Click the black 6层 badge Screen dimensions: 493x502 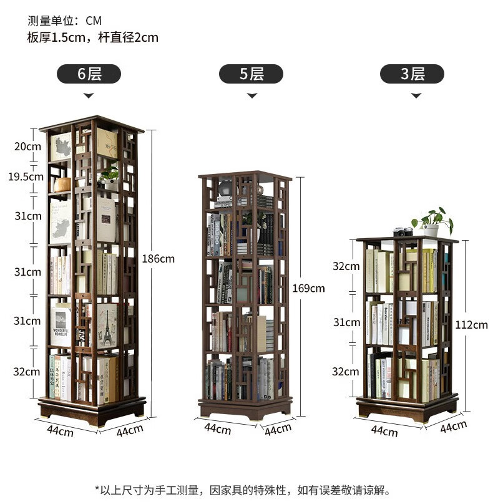click(x=89, y=74)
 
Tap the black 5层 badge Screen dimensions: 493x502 click(x=251, y=74)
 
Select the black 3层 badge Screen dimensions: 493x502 click(x=412, y=74)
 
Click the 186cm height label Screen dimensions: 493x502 click(x=159, y=258)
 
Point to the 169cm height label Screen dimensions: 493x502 click(x=308, y=288)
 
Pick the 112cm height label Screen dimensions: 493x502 click(x=472, y=324)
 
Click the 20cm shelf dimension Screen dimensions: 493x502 click(x=28, y=147)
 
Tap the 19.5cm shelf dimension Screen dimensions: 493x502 click(x=26, y=176)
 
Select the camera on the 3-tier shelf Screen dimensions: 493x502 click(x=403, y=232)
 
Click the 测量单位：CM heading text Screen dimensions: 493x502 click(x=64, y=21)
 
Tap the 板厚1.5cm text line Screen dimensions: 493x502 click(x=92, y=37)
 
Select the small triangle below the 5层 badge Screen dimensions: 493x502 click(x=251, y=96)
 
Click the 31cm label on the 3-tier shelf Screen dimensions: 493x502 click(x=346, y=322)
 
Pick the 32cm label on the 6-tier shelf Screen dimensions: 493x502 click(x=28, y=372)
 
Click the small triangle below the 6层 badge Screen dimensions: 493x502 click(x=89, y=96)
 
